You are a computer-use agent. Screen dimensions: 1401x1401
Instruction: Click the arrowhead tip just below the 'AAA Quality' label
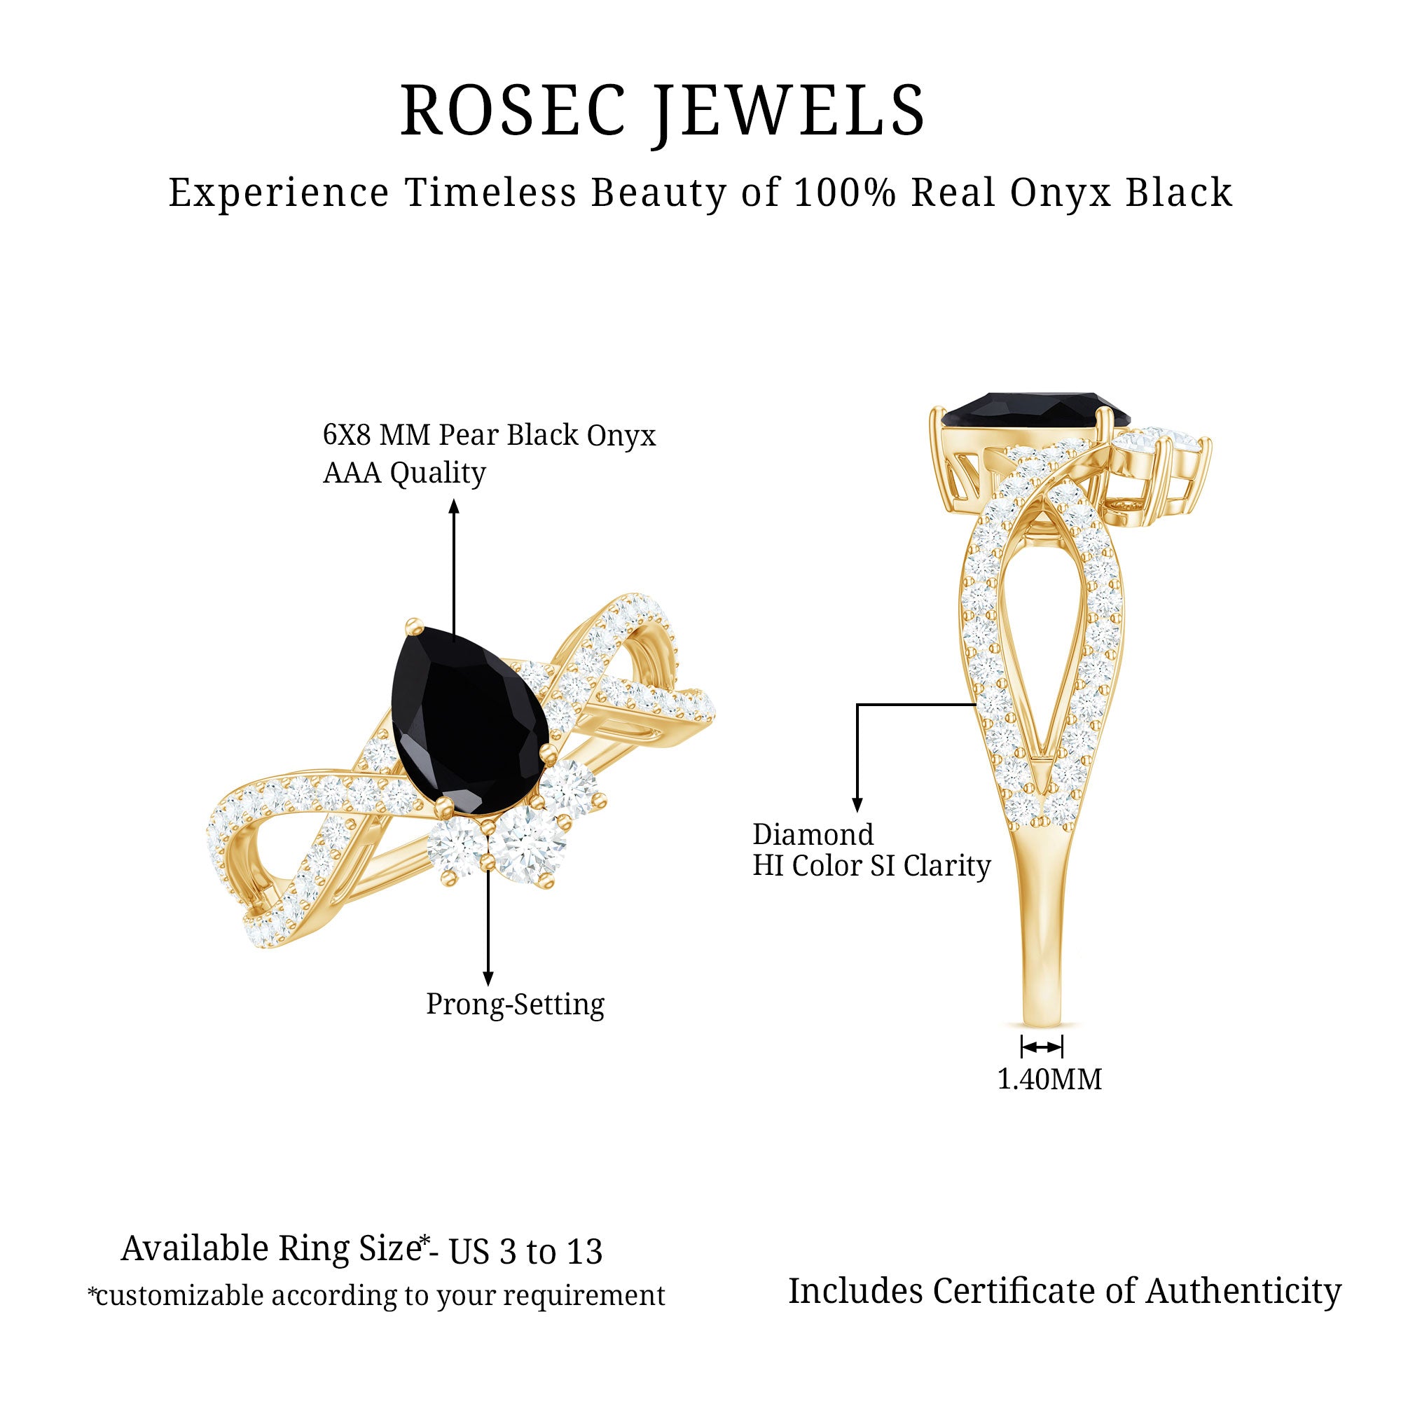point(454,499)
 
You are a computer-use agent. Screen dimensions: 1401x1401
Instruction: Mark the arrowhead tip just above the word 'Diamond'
point(857,812)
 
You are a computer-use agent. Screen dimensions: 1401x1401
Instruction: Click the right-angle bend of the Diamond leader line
point(857,704)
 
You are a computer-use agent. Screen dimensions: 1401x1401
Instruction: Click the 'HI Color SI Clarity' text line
point(871,866)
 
